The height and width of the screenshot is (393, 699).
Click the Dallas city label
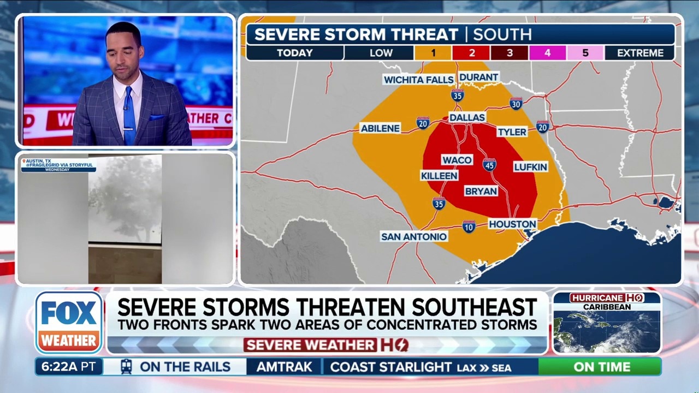coord(467,117)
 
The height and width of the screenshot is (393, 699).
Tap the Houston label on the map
coord(512,224)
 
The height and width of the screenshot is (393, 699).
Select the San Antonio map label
coord(414,236)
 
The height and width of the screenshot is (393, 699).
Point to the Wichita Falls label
coord(419,80)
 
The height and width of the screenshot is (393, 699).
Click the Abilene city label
coord(381,128)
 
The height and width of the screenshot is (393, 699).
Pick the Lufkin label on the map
coord(530,166)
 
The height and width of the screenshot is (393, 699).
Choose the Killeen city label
coord(439,175)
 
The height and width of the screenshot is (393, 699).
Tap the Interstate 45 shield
coord(489,164)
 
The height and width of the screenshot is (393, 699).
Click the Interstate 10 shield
coord(469,226)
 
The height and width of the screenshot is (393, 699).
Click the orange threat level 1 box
coord(433,53)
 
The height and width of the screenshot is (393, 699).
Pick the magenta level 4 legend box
coord(547,53)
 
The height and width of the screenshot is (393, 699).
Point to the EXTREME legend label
coord(641,53)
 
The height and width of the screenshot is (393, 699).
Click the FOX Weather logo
coord(69,322)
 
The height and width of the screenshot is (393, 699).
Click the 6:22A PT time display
coord(69,367)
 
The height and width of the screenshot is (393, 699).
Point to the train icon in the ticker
coord(126,366)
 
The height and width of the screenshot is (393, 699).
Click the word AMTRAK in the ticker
coord(284,367)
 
